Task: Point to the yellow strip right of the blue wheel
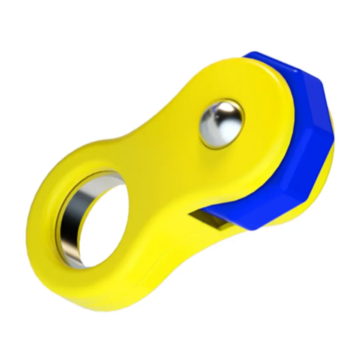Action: click(x=330, y=176)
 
